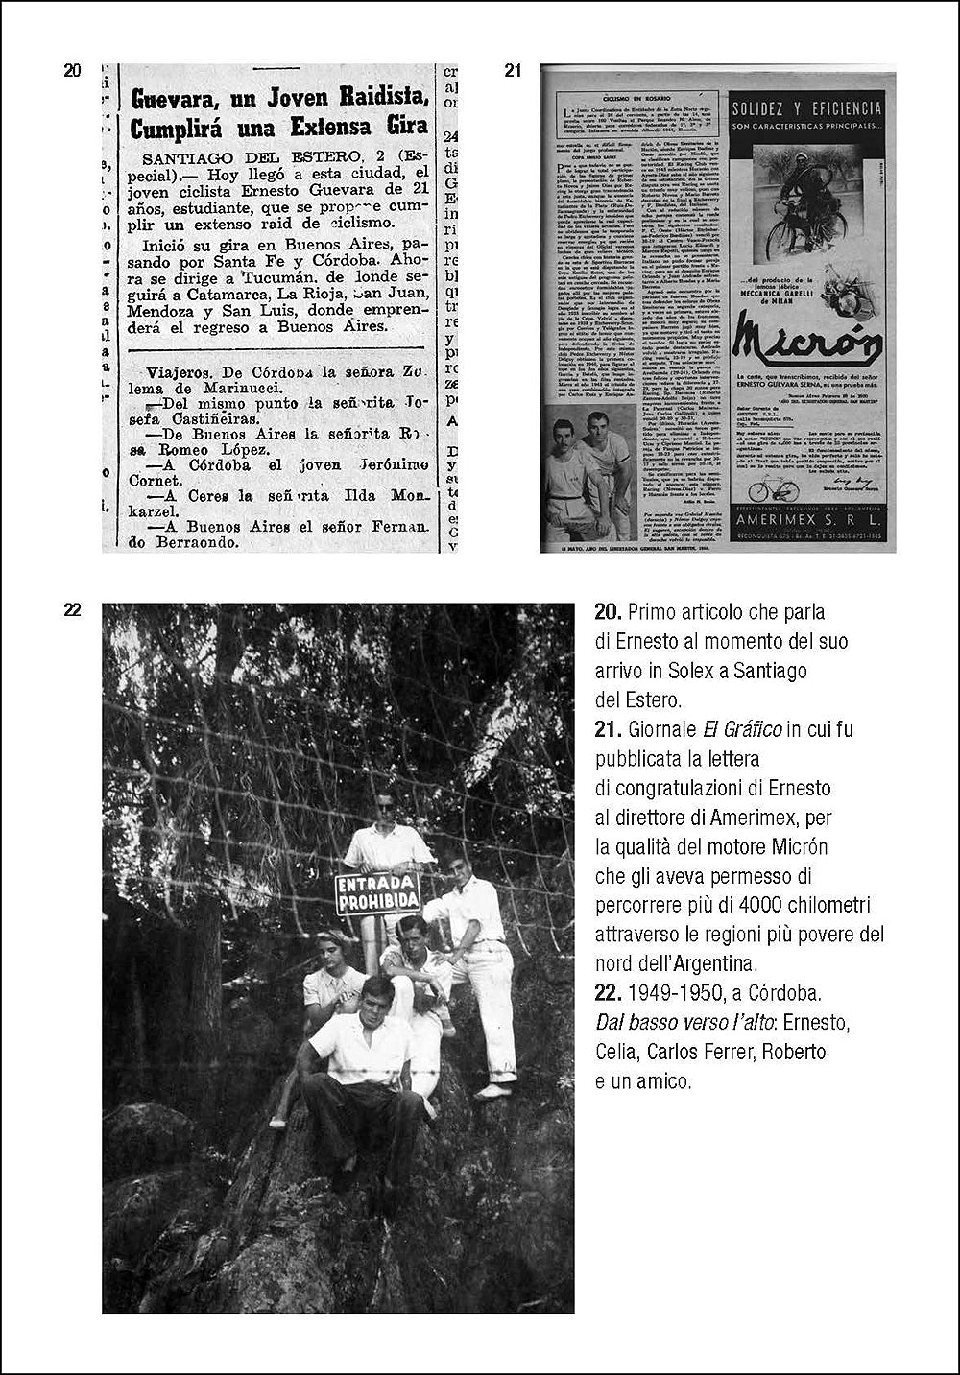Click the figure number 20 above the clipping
(72, 70)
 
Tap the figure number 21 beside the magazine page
(513, 70)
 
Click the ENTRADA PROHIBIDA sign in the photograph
(377, 891)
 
